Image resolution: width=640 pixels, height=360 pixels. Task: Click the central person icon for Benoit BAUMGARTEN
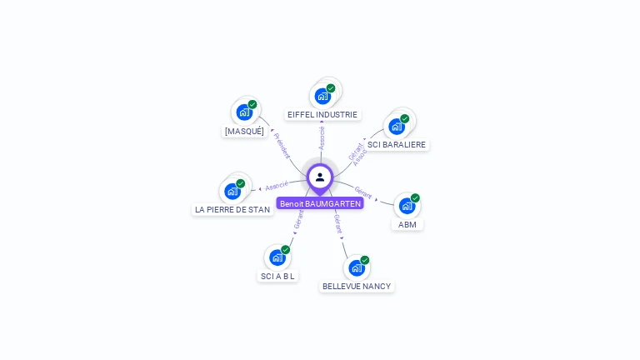320,177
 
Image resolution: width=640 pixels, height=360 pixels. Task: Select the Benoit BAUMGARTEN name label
320,203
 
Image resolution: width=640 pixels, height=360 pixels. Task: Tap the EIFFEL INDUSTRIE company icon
322,96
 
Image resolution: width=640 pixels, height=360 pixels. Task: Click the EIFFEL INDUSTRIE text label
322,115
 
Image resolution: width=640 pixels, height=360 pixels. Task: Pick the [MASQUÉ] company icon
244,112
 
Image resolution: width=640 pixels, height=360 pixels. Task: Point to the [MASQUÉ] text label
244,131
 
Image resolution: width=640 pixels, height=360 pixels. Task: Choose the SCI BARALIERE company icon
397,126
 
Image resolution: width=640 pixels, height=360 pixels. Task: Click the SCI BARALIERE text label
397,145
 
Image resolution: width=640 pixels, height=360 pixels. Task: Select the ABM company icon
407,206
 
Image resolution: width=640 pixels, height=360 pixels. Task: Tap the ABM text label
407,225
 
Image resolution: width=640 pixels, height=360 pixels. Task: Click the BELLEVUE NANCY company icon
357,267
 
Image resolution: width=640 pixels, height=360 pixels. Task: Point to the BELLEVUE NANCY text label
357,287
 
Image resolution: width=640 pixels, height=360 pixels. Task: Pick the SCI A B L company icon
277,257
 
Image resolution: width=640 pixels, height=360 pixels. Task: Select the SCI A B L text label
277,277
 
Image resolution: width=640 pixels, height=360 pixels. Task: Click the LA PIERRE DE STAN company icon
232,191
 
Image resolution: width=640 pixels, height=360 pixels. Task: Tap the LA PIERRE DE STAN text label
232,210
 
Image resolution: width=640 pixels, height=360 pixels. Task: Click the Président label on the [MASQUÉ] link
282,145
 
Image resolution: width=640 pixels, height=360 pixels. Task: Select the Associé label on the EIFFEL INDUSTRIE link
322,137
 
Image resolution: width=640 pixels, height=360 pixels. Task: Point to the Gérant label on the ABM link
363,192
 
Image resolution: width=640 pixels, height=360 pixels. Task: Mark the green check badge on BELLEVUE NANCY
365,260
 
